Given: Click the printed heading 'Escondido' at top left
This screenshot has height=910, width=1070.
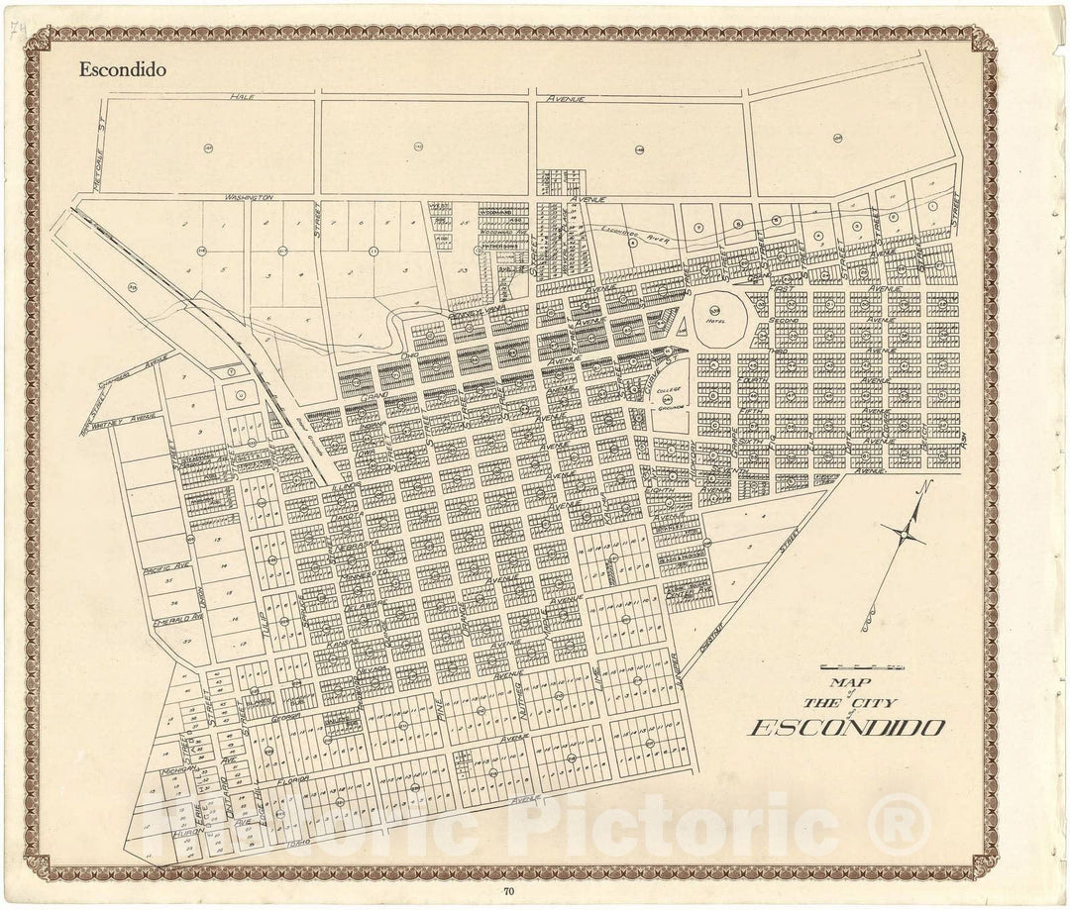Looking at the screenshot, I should (123, 70).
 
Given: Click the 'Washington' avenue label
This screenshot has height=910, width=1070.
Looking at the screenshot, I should (249, 197).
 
